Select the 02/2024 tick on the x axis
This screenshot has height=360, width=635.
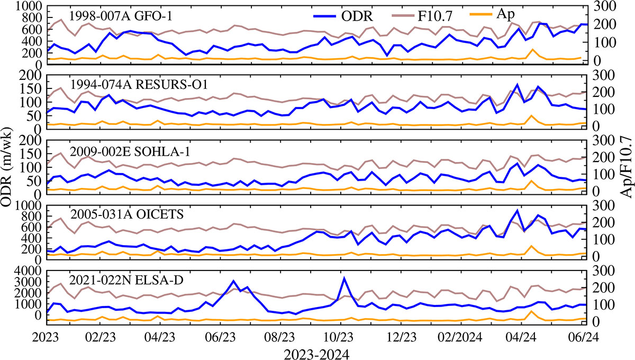click(x=459, y=337)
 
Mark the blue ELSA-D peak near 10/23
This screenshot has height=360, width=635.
click(x=344, y=278)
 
